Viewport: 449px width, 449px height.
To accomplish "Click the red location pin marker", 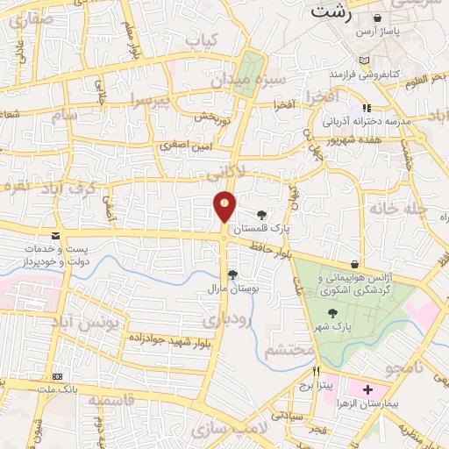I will point(224,207).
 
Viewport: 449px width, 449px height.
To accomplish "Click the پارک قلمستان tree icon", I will point(262,214).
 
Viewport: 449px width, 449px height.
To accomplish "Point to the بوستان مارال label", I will point(229,288).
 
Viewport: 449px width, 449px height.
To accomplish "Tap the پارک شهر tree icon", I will point(331,312).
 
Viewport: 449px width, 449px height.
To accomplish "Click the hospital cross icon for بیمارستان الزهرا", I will point(367,388).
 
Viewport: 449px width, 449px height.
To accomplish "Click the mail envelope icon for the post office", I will point(56,236).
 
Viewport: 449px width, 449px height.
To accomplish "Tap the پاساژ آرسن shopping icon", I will point(377,18).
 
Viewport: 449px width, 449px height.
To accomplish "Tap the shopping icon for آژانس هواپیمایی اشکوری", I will point(354,264).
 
